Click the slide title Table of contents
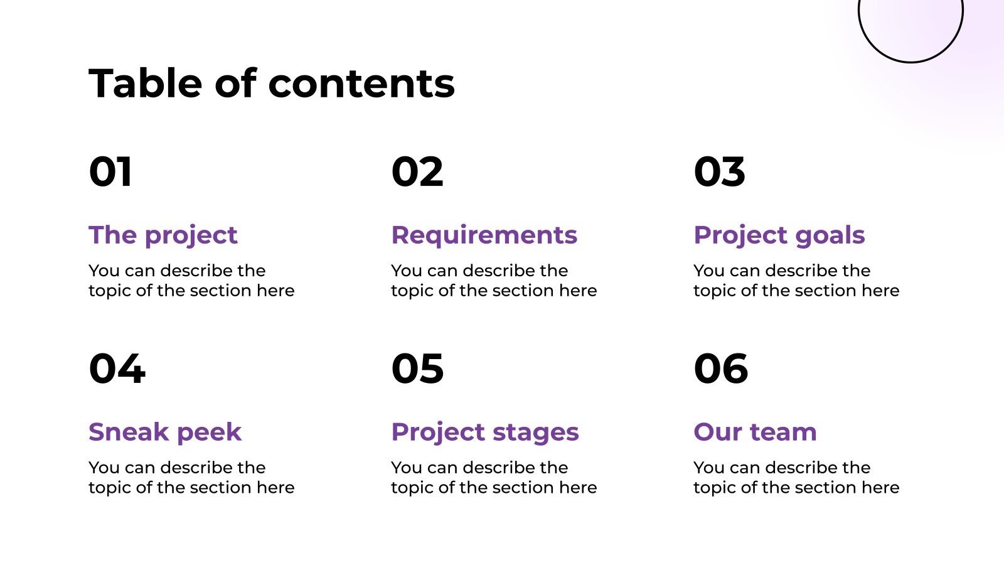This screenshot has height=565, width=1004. (x=272, y=83)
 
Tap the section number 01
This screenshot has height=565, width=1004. (x=110, y=172)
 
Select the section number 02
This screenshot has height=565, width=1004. (x=417, y=172)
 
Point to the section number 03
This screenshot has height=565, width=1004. (x=719, y=172)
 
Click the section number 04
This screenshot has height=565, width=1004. (x=117, y=369)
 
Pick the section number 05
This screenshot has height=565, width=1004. (x=417, y=369)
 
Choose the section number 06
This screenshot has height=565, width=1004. (x=721, y=369)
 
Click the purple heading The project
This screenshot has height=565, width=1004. (x=163, y=235)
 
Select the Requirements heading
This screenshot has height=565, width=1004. (x=484, y=235)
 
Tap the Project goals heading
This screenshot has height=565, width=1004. (x=779, y=235)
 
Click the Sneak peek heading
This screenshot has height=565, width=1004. (x=165, y=432)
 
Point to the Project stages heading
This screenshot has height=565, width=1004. (x=485, y=432)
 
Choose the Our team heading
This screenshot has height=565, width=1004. (x=755, y=432)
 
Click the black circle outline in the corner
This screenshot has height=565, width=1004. (x=911, y=62)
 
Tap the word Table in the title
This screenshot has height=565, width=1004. (x=146, y=83)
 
